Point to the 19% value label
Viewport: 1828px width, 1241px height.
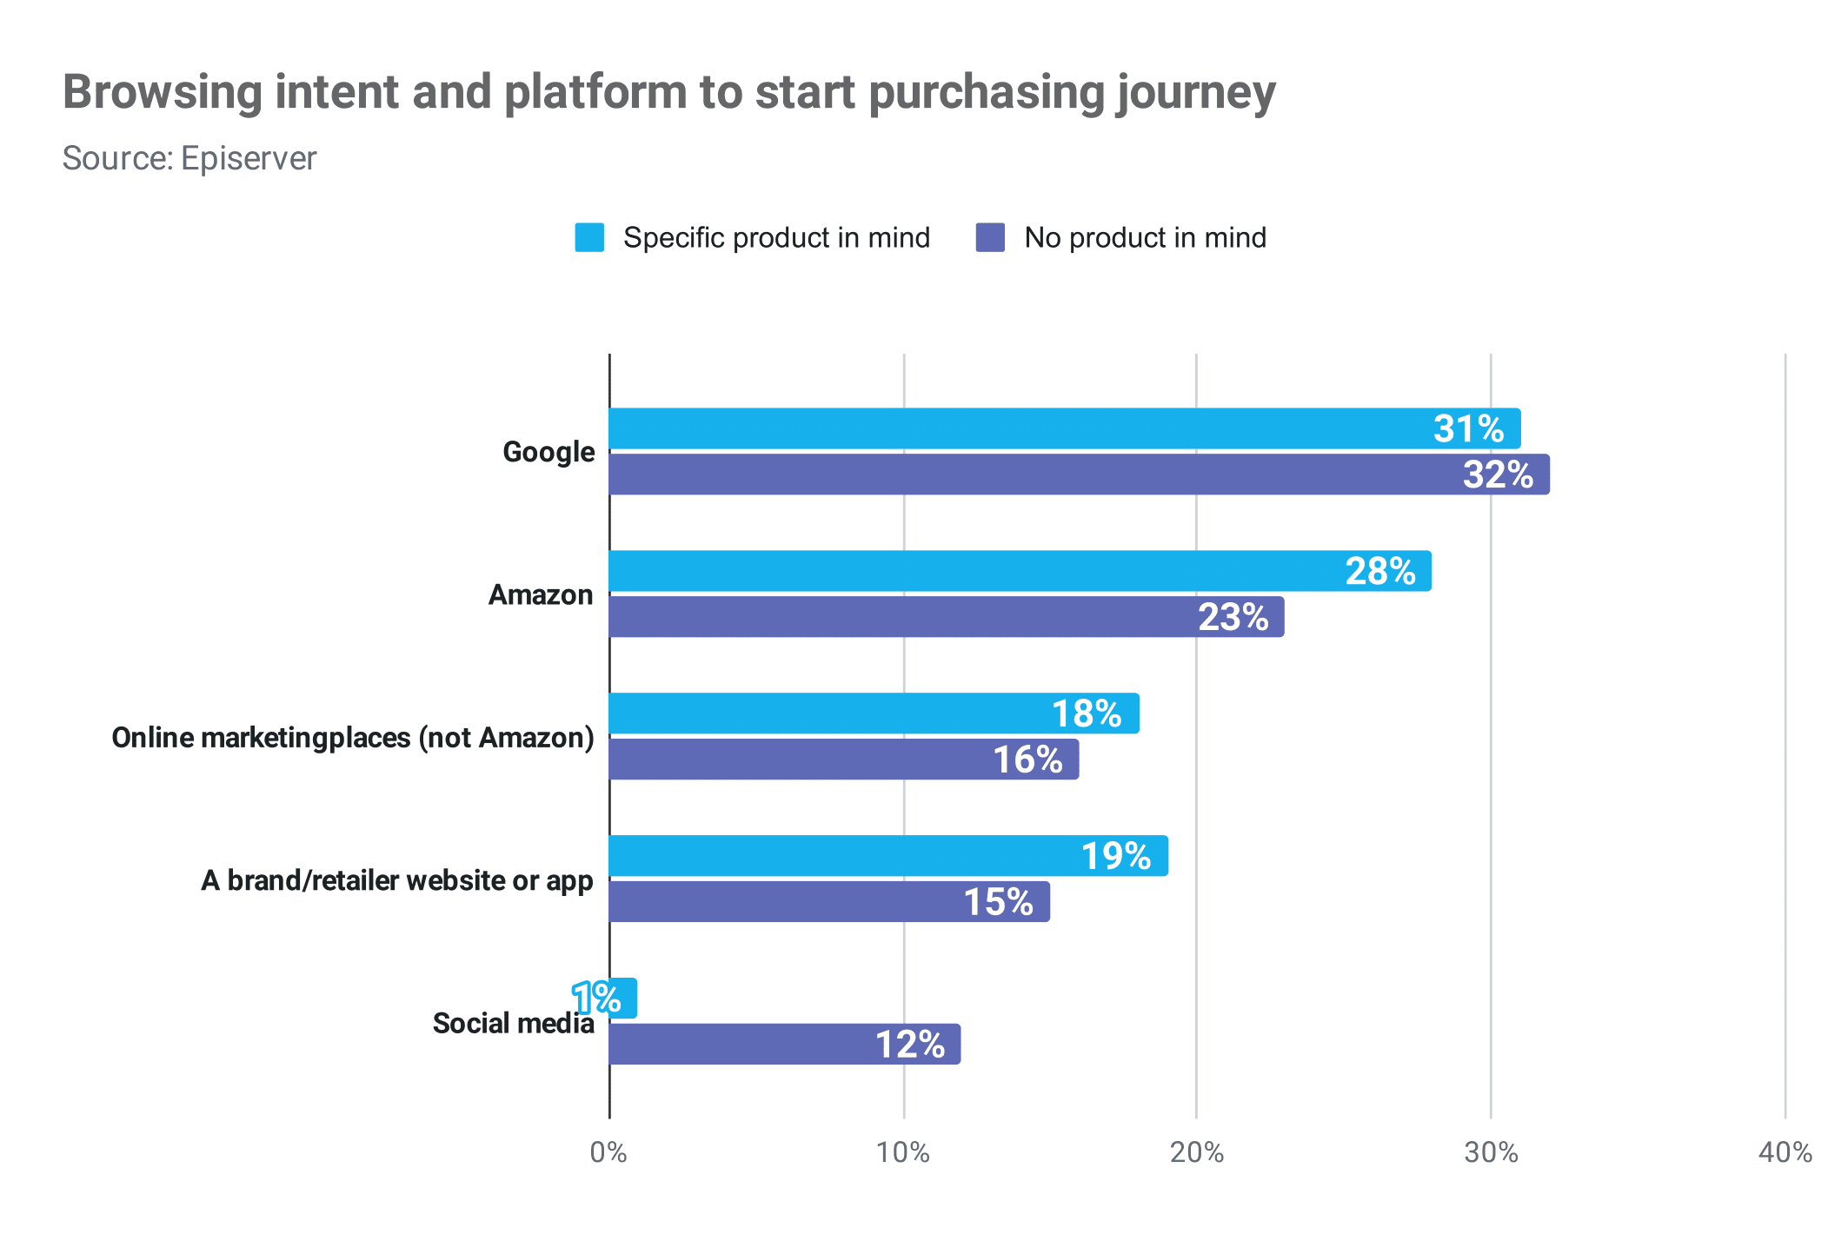[1115, 857]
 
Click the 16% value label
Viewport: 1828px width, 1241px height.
[1027, 760]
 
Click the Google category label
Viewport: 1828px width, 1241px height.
[548, 452]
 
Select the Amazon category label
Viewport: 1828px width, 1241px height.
[541, 595]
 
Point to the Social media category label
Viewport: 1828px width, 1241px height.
[513, 1023]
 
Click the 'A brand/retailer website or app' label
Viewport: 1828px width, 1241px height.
[397, 880]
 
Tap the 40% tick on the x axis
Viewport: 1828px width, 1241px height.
[1785, 1152]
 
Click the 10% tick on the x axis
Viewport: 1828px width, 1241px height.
[903, 1152]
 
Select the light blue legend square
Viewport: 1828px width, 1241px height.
[589, 237]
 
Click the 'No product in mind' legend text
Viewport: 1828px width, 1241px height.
[1145, 237]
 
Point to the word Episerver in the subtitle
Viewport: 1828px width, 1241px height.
[249, 158]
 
